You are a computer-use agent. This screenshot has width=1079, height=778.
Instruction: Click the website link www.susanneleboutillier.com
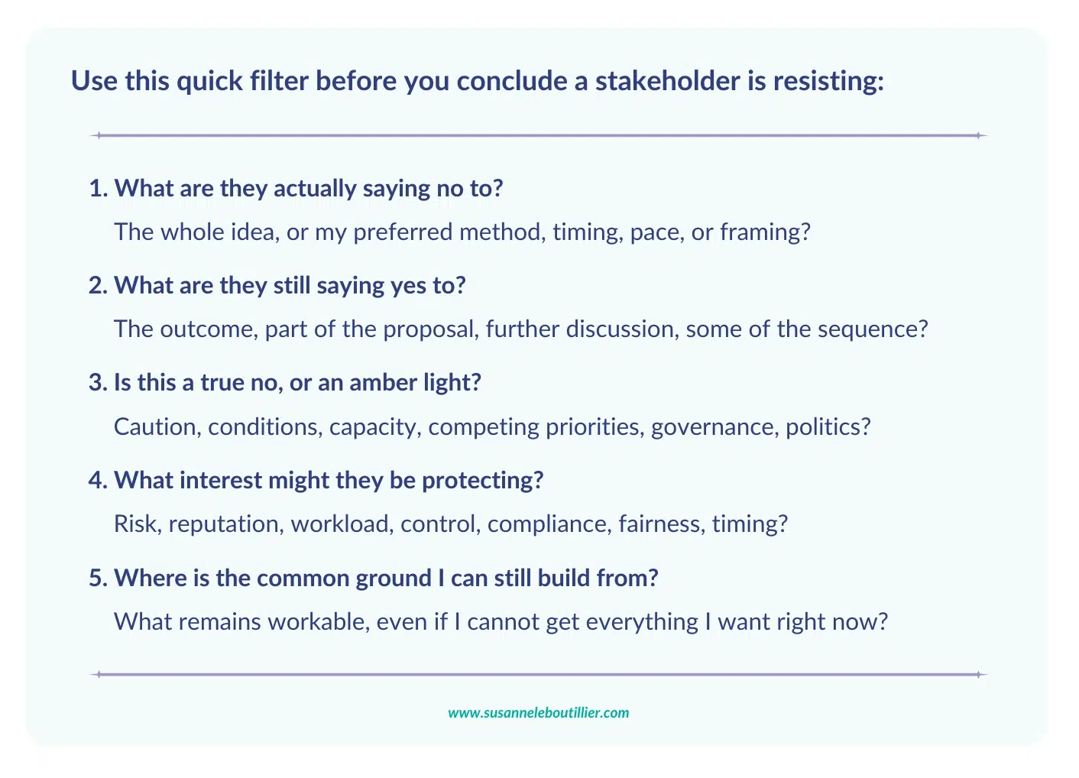tap(538, 712)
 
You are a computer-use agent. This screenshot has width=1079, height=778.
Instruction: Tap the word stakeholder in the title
tap(668, 80)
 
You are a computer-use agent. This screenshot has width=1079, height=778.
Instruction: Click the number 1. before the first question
tap(99, 188)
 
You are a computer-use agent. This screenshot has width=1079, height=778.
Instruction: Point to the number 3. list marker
tap(99, 382)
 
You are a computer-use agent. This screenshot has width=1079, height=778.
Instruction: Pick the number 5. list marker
tap(99, 578)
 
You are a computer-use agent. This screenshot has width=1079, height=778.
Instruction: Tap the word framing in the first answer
tap(766, 232)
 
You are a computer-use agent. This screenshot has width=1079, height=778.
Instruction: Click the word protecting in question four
tap(483, 481)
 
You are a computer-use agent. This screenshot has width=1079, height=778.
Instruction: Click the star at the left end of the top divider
tap(99, 135)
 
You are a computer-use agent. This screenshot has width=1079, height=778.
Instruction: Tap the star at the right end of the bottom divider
tap(978, 674)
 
